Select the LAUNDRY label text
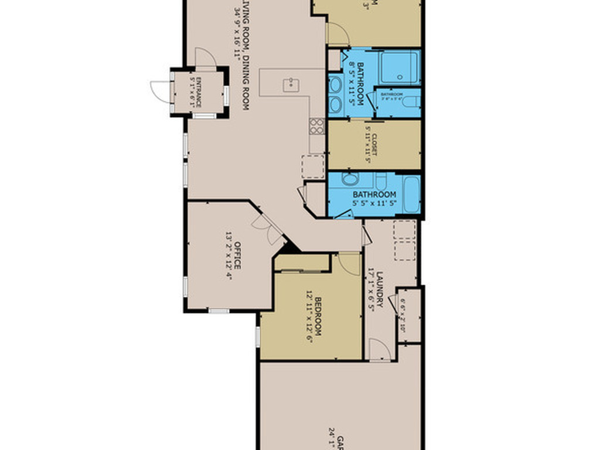pyautogui.click(x=380, y=289)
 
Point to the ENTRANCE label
pyautogui.click(x=198, y=91)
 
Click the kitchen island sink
pyautogui.click(x=290, y=85)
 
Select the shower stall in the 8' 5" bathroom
pyautogui.click(x=398, y=68)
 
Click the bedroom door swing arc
pyautogui.click(x=350, y=264)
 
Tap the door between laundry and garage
pyautogui.click(x=380, y=352)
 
